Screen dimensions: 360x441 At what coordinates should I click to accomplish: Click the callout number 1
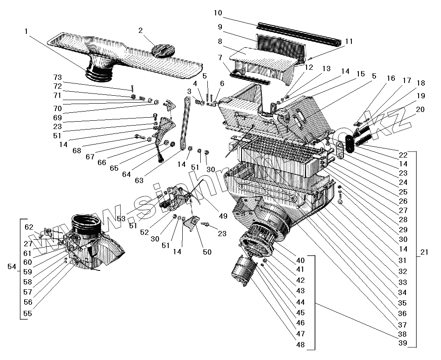coord(27,32)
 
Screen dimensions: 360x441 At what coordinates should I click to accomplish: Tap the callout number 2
coord(141,30)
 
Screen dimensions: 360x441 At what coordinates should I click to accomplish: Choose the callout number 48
coord(300,345)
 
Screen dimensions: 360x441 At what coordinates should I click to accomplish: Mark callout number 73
coord(57,78)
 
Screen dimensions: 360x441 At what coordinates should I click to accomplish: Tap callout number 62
coord(29,227)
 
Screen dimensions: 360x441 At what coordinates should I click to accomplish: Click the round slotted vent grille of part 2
coord(162,49)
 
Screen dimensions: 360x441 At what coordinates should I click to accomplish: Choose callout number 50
coord(207,252)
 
